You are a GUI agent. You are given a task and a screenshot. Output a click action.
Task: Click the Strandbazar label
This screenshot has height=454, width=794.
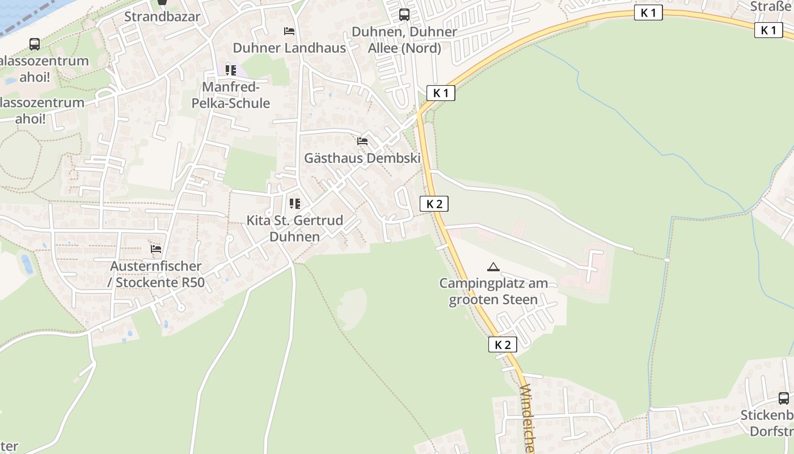(162, 16)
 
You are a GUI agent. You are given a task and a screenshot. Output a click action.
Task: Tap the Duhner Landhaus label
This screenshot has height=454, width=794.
(289, 48)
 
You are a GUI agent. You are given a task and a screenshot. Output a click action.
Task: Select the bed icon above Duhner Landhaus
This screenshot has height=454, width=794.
(289, 31)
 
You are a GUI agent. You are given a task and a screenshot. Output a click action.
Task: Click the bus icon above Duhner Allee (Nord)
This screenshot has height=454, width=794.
(404, 15)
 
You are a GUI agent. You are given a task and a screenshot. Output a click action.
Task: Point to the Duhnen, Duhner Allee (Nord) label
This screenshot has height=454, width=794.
(404, 40)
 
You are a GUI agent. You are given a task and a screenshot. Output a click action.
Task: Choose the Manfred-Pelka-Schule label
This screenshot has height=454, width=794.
(231, 95)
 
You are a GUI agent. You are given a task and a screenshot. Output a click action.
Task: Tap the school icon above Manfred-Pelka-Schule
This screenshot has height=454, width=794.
(230, 70)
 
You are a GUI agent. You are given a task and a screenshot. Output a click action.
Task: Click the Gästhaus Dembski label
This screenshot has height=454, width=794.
(362, 158)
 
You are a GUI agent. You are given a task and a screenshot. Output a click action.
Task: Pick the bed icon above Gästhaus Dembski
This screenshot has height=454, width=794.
(362, 141)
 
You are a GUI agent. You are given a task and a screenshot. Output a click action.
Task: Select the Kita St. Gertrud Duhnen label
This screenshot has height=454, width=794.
(295, 228)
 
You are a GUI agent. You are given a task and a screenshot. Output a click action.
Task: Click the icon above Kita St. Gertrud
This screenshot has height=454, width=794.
(294, 203)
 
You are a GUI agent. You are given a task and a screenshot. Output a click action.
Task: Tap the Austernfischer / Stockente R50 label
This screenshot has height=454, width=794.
(156, 274)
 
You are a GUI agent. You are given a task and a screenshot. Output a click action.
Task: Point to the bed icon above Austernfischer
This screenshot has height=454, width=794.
(156, 249)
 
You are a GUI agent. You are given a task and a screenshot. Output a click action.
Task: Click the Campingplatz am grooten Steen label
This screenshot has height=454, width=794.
(493, 291)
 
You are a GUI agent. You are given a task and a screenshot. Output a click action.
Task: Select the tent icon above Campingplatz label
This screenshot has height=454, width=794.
(493, 267)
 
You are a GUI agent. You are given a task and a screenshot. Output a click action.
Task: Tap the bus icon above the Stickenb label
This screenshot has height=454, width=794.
(783, 398)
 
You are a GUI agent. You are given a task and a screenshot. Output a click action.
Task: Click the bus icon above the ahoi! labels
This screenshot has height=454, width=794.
(35, 44)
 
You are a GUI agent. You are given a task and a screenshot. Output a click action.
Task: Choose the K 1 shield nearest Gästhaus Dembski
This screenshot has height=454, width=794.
(441, 93)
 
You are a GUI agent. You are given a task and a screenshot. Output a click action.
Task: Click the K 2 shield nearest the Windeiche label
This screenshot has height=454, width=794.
(502, 344)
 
